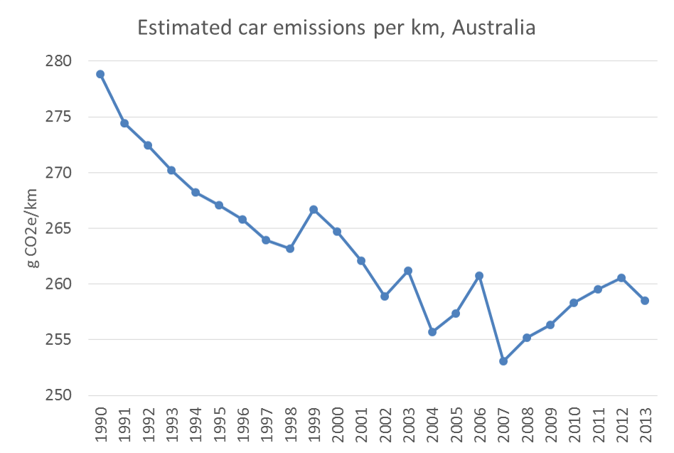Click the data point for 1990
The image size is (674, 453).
click(x=100, y=74)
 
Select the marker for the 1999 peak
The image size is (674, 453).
click(x=314, y=210)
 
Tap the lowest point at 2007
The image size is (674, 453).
click(x=503, y=361)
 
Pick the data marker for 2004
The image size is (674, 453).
click(x=432, y=332)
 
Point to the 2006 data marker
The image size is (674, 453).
click(x=479, y=275)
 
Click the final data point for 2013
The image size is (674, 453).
click(x=645, y=301)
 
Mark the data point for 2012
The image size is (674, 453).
click(x=621, y=277)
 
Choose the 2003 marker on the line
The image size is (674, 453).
click(x=408, y=271)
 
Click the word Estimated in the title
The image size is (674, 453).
click(x=181, y=29)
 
